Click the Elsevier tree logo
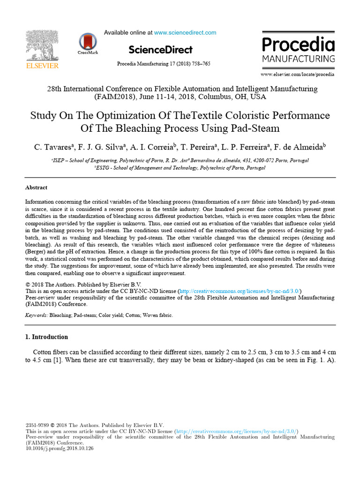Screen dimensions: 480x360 42,45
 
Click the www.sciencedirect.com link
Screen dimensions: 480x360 185,33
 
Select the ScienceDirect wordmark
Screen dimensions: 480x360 160,50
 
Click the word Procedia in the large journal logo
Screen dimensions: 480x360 298,45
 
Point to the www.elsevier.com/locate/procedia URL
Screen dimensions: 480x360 298,74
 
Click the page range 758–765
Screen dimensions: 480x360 200,64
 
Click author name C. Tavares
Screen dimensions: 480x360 51,147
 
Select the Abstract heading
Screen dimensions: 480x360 36,187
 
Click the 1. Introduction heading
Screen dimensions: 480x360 46,337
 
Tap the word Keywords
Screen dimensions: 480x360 36,315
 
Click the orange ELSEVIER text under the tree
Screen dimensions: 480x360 42,66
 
